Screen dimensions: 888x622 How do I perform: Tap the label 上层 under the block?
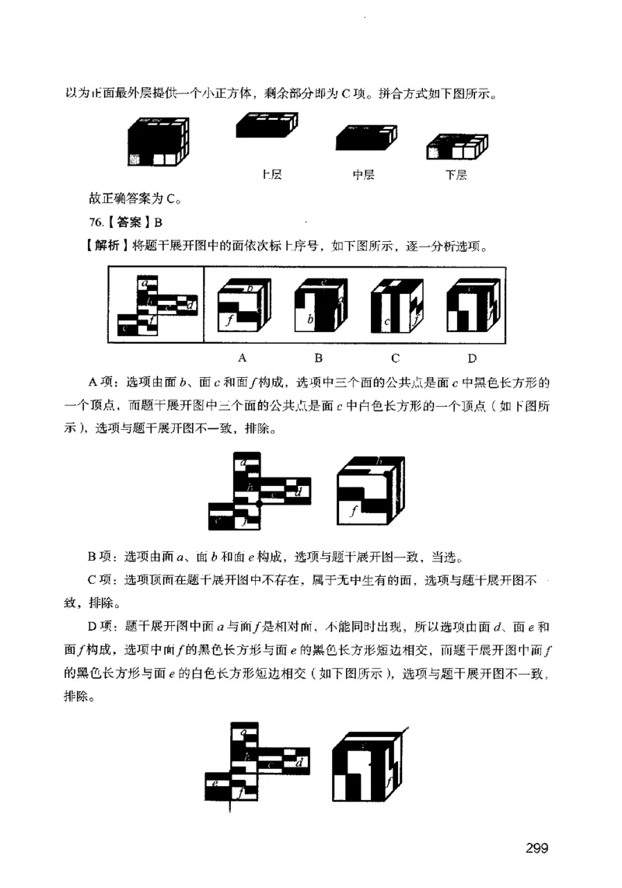[272, 175]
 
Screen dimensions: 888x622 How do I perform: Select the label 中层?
[363, 175]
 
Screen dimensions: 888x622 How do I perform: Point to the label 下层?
[456, 175]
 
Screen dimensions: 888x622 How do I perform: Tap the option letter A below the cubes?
[242, 358]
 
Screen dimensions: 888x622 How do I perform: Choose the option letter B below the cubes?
[318, 358]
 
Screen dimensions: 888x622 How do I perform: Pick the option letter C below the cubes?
[395, 358]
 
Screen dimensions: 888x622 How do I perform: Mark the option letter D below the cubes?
[472, 358]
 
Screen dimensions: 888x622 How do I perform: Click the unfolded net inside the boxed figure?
[155, 306]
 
